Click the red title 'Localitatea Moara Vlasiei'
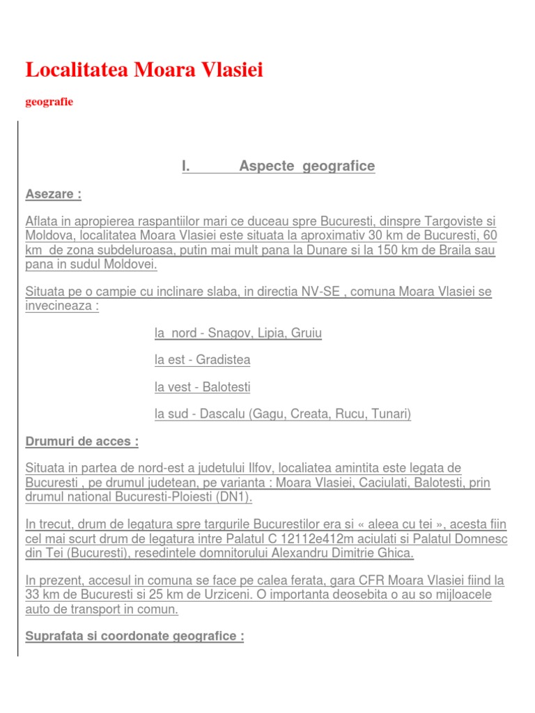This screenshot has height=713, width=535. (144, 70)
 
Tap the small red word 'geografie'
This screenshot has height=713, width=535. (49, 102)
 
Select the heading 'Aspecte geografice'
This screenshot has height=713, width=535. (307, 166)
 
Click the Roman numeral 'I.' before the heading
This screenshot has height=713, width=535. (186, 166)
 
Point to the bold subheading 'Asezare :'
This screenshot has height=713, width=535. (53, 194)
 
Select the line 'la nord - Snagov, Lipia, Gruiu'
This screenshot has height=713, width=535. (238, 334)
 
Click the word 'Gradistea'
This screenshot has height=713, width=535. (223, 360)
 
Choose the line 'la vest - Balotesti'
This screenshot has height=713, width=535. (202, 387)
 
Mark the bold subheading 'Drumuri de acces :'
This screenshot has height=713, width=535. (82, 441)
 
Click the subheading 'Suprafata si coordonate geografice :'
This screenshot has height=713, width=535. (134, 636)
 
